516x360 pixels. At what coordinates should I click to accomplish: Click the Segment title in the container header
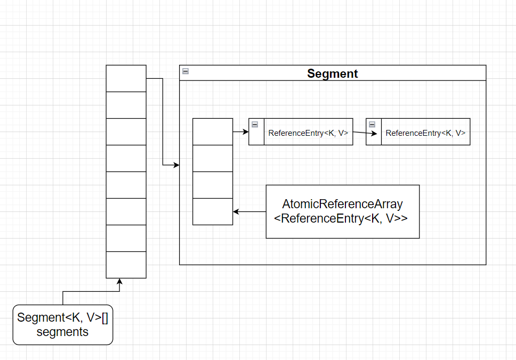point(333,73)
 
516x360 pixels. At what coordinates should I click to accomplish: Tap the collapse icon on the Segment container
point(186,71)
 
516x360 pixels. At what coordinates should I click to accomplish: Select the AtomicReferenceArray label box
point(343,211)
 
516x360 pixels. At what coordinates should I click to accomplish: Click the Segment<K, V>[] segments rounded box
point(63,325)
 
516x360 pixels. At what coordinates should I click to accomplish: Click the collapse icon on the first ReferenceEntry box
point(255,124)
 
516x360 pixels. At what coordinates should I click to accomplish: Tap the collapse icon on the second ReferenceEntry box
point(372,124)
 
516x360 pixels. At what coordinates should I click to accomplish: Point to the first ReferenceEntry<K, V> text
point(308,133)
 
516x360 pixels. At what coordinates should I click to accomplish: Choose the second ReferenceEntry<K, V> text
point(425,133)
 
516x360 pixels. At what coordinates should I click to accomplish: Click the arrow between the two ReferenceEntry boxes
point(365,133)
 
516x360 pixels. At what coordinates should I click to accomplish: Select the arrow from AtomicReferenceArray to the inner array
point(249,212)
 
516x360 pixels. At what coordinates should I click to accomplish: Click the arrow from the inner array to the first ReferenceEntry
point(240,132)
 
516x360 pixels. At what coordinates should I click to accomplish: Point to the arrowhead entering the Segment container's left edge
point(176,165)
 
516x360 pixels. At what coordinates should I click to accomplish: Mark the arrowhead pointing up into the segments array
point(119,281)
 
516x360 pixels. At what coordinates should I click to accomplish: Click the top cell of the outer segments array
point(126,79)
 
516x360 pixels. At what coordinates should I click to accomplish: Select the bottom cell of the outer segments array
point(126,265)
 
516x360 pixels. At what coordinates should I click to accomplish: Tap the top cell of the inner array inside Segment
point(213,132)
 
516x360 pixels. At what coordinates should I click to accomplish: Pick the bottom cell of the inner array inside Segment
point(213,212)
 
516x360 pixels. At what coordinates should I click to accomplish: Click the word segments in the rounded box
point(62,332)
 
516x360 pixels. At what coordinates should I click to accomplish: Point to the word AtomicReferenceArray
point(343,204)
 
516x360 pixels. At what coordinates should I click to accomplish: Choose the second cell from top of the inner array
point(213,159)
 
